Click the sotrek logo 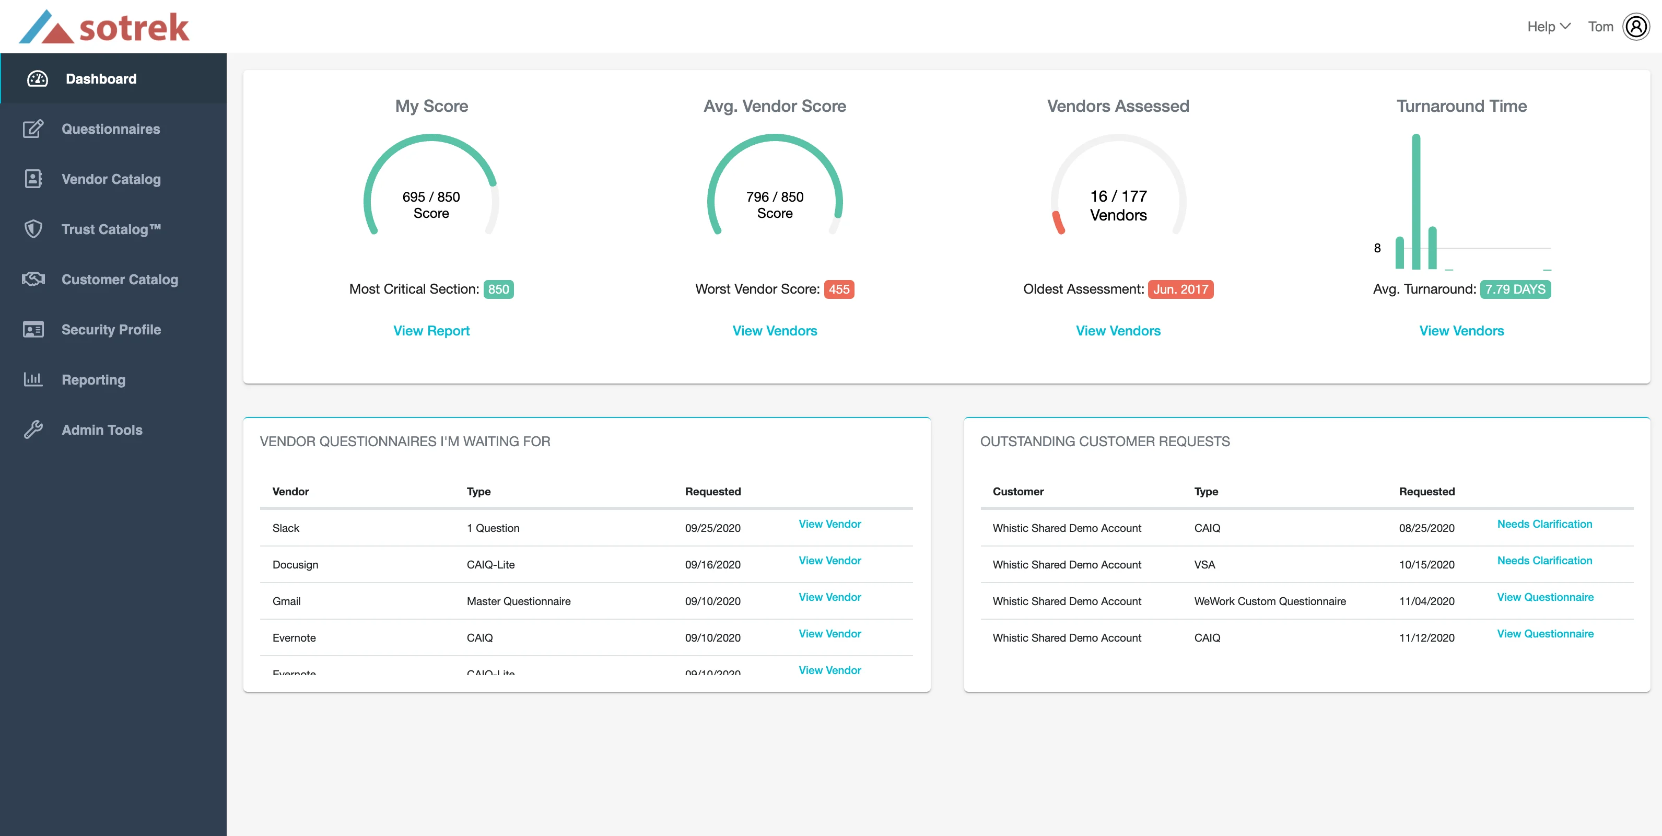point(104,27)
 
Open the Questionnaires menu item point(110,129)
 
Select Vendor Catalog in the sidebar point(111,179)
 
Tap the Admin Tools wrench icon point(33,430)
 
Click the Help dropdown point(1548,27)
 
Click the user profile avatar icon point(1635,27)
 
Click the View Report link point(431,331)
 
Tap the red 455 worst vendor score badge point(839,289)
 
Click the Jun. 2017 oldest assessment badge point(1180,289)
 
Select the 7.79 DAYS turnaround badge point(1515,289)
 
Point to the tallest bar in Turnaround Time point(1415,201)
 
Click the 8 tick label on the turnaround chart point(1377,248)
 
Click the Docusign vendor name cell point(295,565)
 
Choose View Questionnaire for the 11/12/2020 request point(1544,634)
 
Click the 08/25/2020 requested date point(1426,528)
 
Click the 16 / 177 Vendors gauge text point(1118,205)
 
